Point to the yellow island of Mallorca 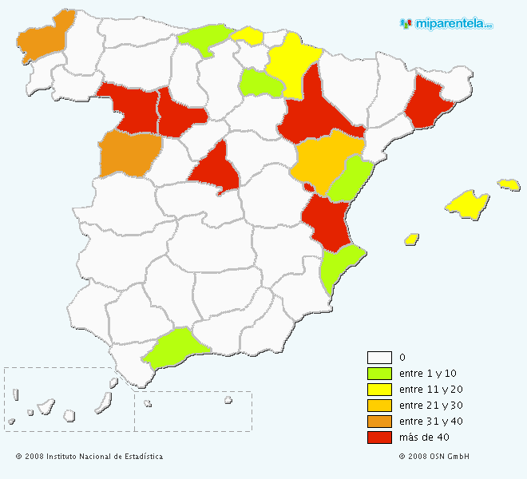click(468, 204)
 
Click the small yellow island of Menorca click(509, 184)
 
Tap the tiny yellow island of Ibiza click(412, 239)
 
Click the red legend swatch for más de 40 click(379, 437)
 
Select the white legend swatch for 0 click(379, 358)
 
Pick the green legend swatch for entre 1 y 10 click(379, 374)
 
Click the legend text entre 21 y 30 click(429, 406)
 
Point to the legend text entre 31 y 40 click(429, 422)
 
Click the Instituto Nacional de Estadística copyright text click(89, 457)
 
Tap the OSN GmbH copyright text click(434, 457)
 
